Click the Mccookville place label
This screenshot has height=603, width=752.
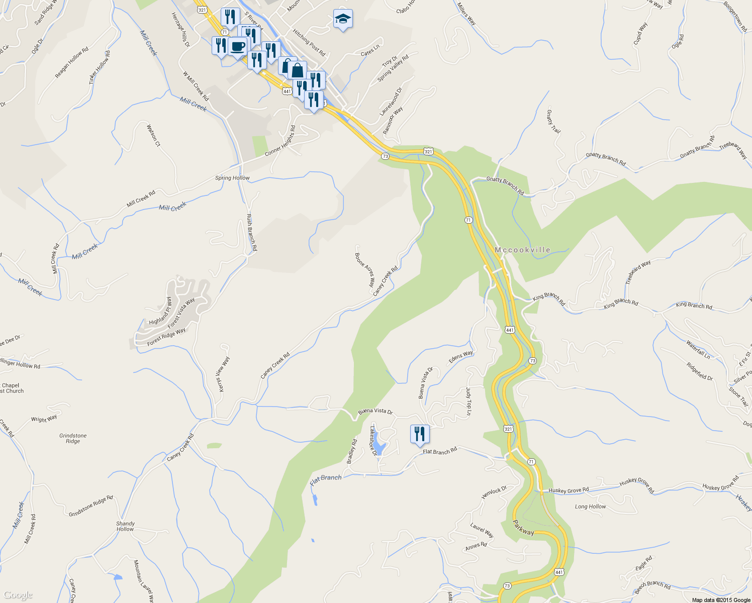(522, 250)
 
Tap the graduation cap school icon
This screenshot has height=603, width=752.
(343, 19)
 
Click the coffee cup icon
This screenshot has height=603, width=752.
(238, 47)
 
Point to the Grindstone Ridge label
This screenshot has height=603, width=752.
(73, 438)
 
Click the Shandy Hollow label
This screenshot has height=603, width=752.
(125, 526)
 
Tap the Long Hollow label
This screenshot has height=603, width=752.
(590, 507)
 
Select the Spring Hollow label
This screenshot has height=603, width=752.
(232, 178)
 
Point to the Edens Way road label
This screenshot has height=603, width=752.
(460, 357)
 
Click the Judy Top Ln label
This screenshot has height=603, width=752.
(468, 401)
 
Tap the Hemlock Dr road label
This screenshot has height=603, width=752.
(494, 492)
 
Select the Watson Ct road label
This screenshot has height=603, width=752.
(153, 136)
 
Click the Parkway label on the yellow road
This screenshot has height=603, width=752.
(523, 528)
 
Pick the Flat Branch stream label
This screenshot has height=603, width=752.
(326, 480)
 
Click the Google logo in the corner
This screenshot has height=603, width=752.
(18, 595)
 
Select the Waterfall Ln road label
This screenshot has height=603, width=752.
(698, 350)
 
